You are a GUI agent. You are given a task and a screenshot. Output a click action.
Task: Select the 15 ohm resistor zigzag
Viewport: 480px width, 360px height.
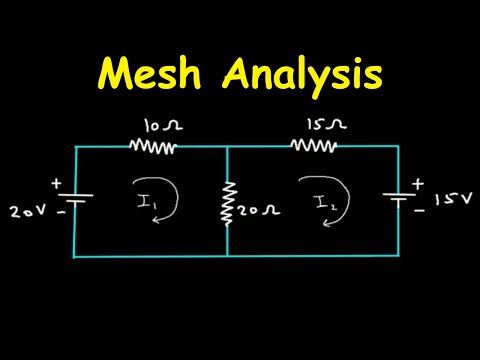313,146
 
